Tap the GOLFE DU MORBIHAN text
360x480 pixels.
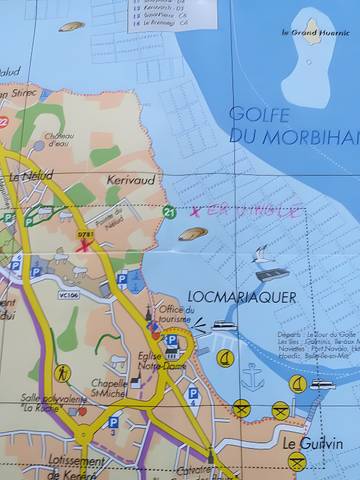click(x=291, y=124)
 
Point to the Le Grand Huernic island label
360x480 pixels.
click(x=312, y=33)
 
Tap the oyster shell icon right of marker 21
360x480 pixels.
click(x=193, y=234)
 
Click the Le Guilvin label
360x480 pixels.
click(x=312, y=443)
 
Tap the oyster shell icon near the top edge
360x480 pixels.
click(x=70, y=27)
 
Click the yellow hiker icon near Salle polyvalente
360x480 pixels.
click(x=63, y=372)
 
